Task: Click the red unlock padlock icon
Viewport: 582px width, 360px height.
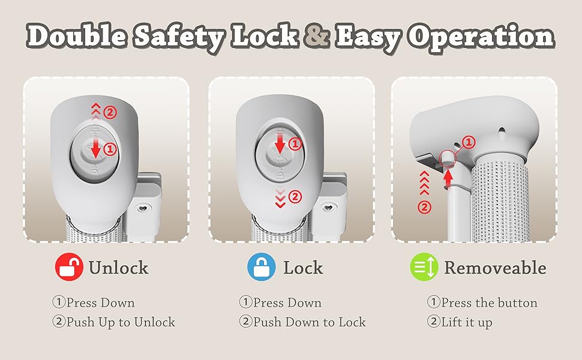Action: pos(69,268)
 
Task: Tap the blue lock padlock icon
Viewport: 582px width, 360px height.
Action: pos(262,268)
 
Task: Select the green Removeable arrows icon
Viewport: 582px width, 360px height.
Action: pos(424,268)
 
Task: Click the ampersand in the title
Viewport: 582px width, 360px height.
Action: pos(316,37)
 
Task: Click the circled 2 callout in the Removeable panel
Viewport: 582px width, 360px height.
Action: pos(424,208)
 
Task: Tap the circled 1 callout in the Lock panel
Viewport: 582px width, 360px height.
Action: pos(295,143)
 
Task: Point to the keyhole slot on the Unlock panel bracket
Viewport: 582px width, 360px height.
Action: pos(143,207)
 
